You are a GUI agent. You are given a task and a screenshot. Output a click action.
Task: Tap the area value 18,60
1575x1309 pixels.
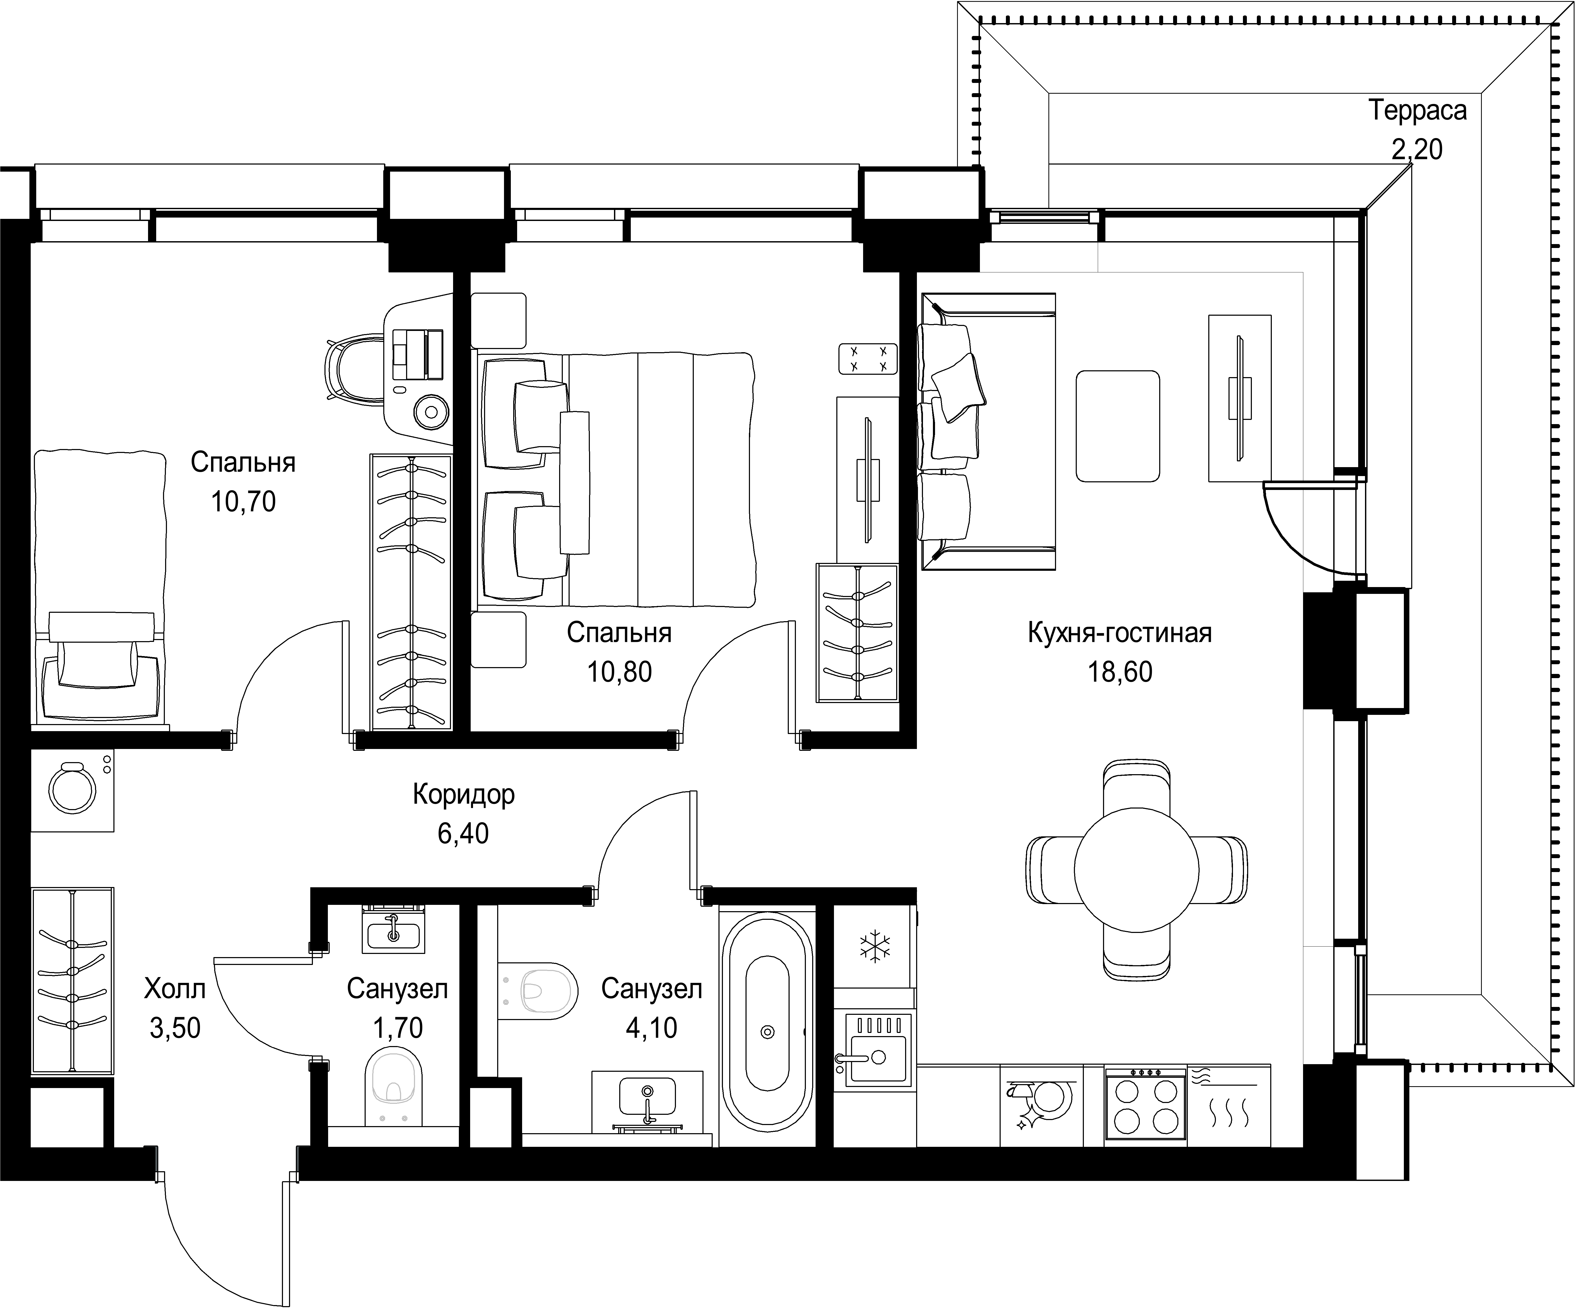(1120, 672)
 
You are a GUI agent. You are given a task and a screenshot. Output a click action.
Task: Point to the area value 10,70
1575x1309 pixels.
(243, 502)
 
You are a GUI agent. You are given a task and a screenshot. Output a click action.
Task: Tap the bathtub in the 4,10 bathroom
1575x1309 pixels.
(766, 1029)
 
